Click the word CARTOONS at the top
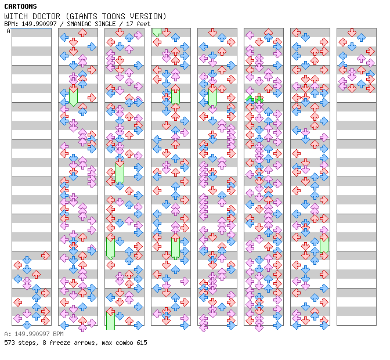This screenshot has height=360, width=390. (20, 6)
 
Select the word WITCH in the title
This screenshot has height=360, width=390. (15, 16)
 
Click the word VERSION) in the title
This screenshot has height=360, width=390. (149, 16)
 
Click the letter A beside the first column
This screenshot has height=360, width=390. (8, 31)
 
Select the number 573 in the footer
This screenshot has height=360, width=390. (10, 343)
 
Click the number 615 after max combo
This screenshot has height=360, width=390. (141, 343)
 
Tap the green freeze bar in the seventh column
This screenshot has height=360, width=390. (324, 244)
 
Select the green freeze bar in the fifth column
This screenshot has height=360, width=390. (212, 96)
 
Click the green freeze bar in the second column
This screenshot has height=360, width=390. (73, 96)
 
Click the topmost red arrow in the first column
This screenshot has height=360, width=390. (45, 255)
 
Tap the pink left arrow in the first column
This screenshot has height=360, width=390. (17, 318)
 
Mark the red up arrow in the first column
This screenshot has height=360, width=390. (36, 274)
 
